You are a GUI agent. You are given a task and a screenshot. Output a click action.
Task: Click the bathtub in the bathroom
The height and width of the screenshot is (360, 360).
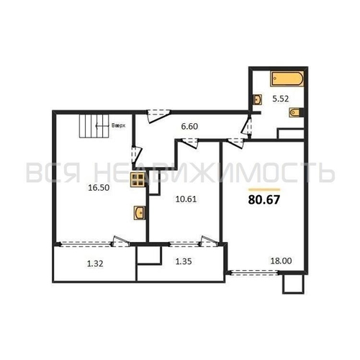(x=287, y=78)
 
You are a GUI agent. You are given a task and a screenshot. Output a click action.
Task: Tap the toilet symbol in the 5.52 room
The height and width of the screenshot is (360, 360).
(x=295, y=112)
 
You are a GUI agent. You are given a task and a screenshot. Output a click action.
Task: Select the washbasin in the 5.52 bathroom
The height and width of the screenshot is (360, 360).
(x=258, y=99)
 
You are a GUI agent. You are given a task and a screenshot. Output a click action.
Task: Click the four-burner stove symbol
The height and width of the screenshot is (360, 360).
(x=138, y=179)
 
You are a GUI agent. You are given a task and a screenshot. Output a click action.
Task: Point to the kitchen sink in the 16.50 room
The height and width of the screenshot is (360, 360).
(x=140, y=212)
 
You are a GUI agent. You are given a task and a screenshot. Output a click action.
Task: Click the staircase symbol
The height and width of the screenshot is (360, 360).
(x=94, y=126)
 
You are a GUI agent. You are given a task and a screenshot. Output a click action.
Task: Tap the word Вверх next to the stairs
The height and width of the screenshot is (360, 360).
(x=118, y=125)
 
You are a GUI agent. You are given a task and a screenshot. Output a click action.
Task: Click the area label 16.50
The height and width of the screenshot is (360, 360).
(x=99, y=188)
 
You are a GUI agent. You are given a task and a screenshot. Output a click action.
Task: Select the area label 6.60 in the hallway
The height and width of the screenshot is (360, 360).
(x=189, y=126)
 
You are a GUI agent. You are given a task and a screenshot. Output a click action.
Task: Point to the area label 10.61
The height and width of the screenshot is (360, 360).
(x=186, y=199)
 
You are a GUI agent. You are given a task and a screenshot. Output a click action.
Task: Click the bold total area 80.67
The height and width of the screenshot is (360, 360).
(x=264, y=199)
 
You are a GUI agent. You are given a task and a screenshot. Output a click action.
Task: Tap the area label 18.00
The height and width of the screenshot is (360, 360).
(x=281, y=261)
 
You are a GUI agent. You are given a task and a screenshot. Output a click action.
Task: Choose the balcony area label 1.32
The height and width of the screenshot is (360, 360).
(x=95, y=264)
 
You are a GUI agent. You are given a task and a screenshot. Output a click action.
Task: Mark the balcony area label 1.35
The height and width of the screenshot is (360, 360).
(x=184, y=261)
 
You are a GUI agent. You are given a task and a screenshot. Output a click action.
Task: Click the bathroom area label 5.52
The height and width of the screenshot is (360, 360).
(x=280, y=99)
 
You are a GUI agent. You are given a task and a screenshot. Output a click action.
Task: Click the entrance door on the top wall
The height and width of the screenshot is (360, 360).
(x=158, y=115)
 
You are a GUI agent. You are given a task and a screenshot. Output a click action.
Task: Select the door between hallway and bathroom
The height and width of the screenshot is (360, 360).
(x=246, y=127)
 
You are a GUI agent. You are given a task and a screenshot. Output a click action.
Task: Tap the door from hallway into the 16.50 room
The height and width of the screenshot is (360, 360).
(x=137, y=156)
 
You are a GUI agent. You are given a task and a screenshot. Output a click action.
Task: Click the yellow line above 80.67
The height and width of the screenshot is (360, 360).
(x=264, y=189)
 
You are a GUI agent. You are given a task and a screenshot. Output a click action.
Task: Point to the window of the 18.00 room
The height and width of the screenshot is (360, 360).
(x=253, y=272)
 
